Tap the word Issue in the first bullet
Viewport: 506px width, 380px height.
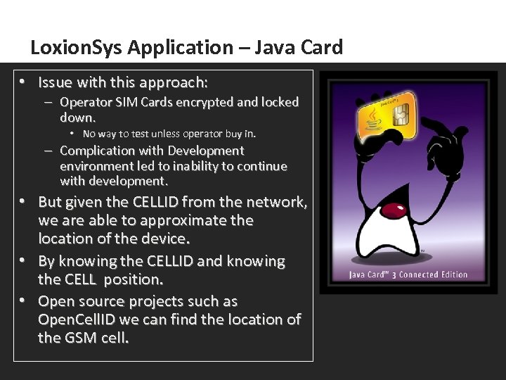[x=56, y=82]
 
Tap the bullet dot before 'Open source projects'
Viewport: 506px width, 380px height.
[x=23, y=302]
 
